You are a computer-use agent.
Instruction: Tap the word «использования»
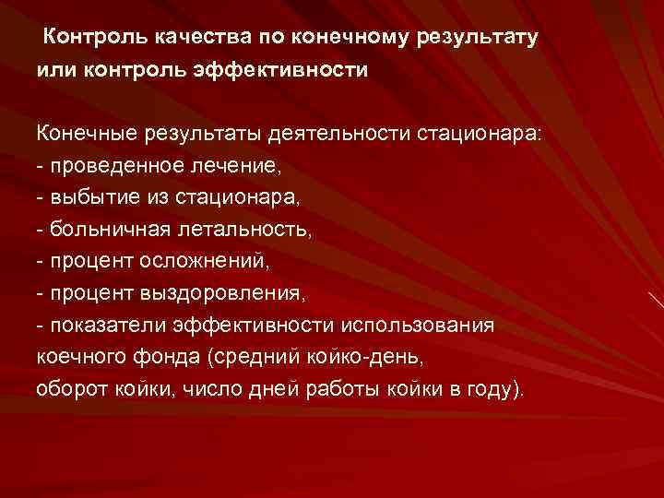[418, 326]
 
